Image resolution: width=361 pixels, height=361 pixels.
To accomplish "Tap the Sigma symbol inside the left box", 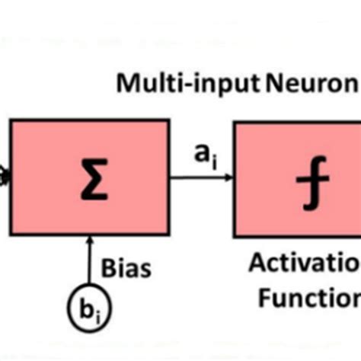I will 90,178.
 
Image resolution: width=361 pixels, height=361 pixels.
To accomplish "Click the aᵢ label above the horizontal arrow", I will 201,155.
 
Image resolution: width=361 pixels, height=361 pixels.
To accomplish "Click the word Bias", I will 126,269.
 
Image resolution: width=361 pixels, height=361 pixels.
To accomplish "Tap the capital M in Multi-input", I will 126,84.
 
